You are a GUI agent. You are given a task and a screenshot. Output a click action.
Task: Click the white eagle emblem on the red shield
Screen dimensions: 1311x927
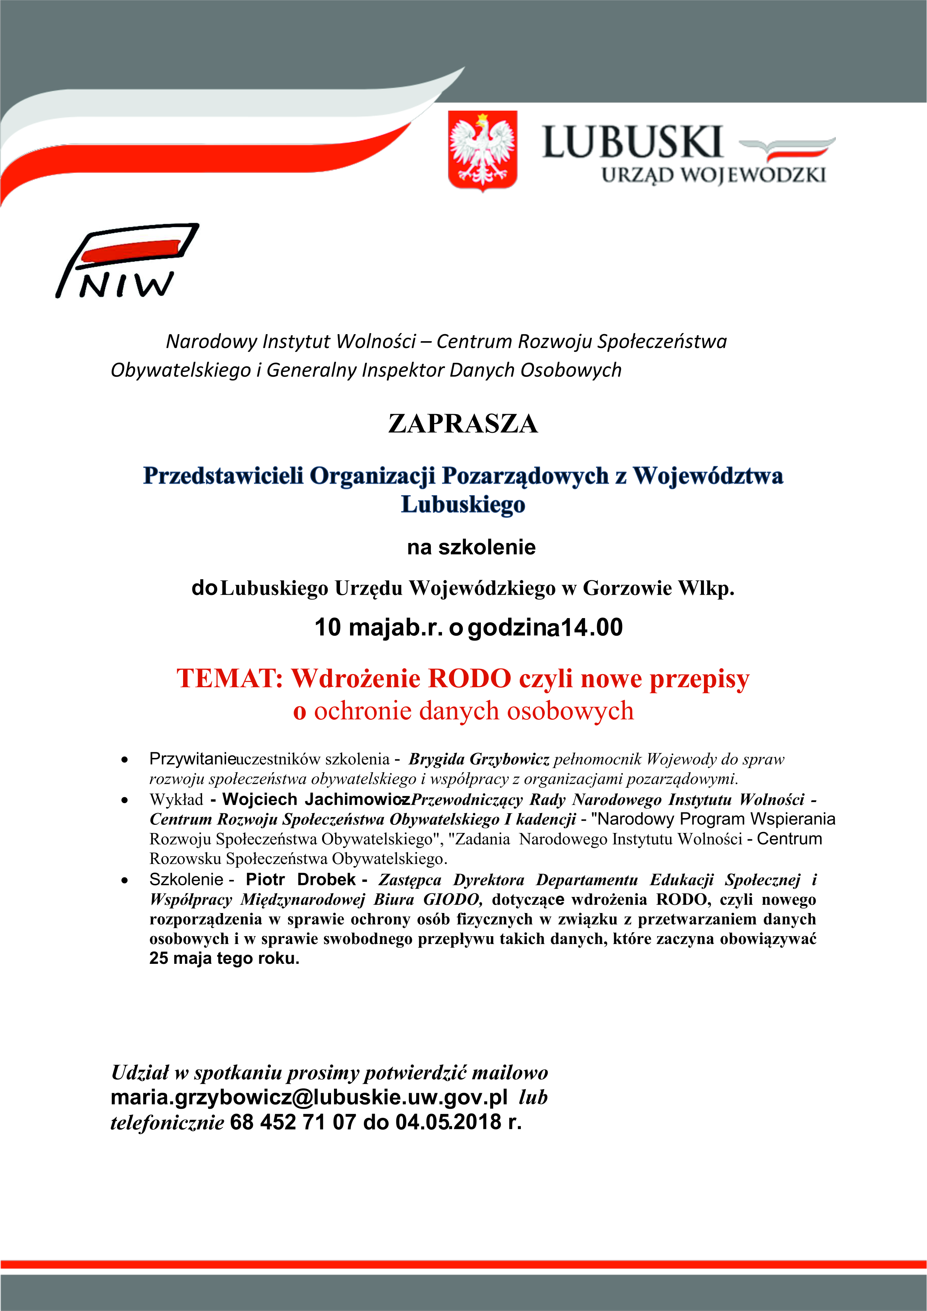[482, 149]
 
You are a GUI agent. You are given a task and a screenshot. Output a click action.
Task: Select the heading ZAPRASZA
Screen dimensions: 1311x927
[463, 424]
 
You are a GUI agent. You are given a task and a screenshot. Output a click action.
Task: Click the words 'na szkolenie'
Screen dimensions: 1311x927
[471, 547]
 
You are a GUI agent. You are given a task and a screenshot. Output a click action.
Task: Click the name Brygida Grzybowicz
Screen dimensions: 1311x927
[478, 759]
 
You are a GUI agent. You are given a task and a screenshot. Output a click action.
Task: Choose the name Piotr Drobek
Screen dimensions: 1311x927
[300, 879]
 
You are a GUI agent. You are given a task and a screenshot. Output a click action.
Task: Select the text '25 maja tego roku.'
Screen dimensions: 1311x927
[224, 958]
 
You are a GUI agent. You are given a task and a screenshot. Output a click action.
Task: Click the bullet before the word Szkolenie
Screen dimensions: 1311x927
[124, 880]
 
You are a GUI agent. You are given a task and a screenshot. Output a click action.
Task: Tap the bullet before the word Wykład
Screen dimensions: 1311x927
[124, 801]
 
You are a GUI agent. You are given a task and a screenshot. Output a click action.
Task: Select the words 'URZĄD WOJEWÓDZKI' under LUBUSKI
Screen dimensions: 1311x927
[714, 175]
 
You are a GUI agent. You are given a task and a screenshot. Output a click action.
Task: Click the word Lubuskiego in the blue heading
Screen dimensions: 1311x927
[463, 505]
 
